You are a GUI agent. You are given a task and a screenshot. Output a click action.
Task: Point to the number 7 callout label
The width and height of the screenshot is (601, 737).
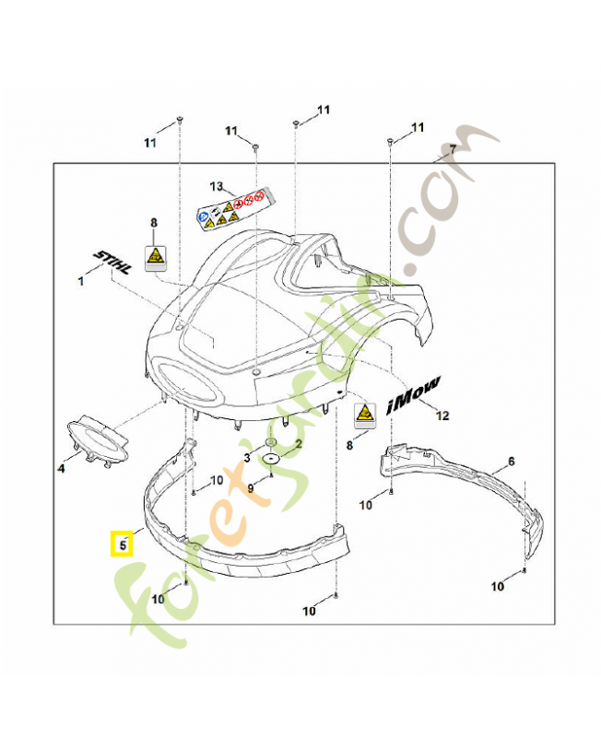[452, 149]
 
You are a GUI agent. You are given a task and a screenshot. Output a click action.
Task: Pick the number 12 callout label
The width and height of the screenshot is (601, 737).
[442, 415]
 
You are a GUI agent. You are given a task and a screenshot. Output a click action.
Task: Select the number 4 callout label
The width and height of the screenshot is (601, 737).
[62, 469]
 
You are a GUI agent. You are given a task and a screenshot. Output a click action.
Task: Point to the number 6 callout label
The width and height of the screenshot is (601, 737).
[511, 461]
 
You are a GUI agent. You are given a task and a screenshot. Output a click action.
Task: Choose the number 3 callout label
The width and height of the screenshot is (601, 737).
[247, 458]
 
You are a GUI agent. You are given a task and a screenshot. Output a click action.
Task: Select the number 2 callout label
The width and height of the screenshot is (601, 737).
[297, 443]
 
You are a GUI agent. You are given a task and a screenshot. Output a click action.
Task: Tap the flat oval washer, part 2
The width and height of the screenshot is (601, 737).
[272, 458]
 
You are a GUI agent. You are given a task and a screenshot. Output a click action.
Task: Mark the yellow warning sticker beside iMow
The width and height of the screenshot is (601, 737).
[365, 415]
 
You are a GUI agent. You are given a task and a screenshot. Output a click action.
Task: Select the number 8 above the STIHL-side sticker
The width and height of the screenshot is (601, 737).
[154, 222]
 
